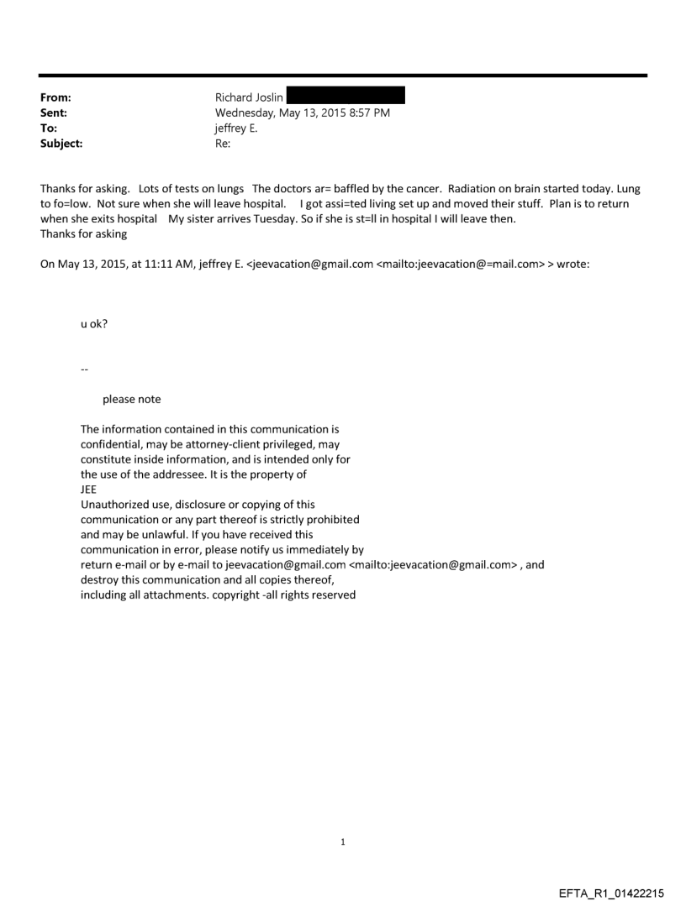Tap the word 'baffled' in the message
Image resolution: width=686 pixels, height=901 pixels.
[x=341, y=189]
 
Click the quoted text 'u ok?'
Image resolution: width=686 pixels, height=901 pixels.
[x=93, y=323]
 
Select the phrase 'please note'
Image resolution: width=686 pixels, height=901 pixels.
[x=131, y=399]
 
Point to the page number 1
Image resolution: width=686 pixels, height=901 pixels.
[x=343, y=841]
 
